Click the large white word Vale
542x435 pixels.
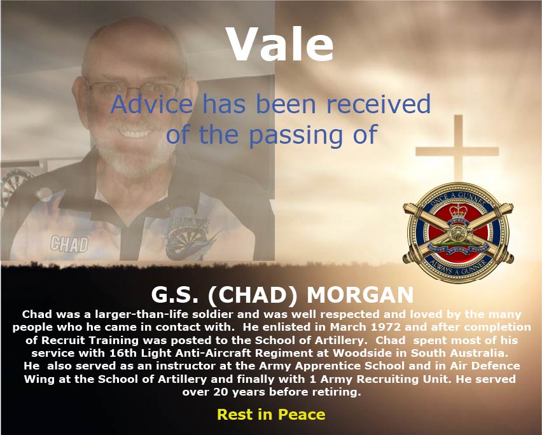click(280, 44)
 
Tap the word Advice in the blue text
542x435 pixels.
click(151, 104)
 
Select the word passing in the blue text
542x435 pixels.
click(296, 135)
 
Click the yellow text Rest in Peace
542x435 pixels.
click(271, 414)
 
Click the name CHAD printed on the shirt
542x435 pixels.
click(69, 244)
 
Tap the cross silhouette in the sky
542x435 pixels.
click(457, 149)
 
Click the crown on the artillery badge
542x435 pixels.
click(458, 211)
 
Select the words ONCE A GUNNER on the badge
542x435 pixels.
click(458, 200)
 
